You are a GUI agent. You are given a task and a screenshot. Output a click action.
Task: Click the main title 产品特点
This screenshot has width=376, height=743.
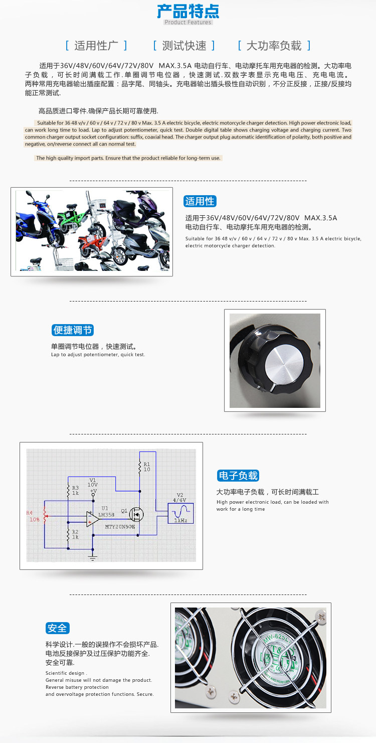[x=188, y=11]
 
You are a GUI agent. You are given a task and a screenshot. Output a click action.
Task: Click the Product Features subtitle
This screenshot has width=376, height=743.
[x=188, y=22]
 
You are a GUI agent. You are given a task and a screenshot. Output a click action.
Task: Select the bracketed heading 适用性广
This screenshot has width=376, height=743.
[x=96, y=46]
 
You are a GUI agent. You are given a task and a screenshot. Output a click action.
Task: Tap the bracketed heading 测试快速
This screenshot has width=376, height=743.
[x=184, y=46]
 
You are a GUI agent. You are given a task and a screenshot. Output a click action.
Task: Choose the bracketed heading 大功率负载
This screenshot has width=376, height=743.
[x=274, y=46]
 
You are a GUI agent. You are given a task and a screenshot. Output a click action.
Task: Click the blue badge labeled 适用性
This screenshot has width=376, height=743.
[x=200, y=201]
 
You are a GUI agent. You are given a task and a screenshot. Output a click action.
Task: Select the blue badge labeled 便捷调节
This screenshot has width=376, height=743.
[x=73, y=330]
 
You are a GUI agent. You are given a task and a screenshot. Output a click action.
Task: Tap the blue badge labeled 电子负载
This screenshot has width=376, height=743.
[x=238, y=476]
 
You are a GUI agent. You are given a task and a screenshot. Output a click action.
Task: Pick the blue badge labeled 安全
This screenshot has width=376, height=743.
[x=57, y=628]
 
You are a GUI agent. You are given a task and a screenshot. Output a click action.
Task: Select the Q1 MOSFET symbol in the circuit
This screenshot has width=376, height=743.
[x=136, y=514]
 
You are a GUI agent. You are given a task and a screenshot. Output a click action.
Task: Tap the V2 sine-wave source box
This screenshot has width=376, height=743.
[x=180, y=513]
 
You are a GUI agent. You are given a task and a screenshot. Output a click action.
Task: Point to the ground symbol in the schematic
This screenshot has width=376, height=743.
[x=93, y=558]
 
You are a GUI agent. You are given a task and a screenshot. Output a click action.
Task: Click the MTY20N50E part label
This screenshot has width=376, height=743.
[x=120, y=526]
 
